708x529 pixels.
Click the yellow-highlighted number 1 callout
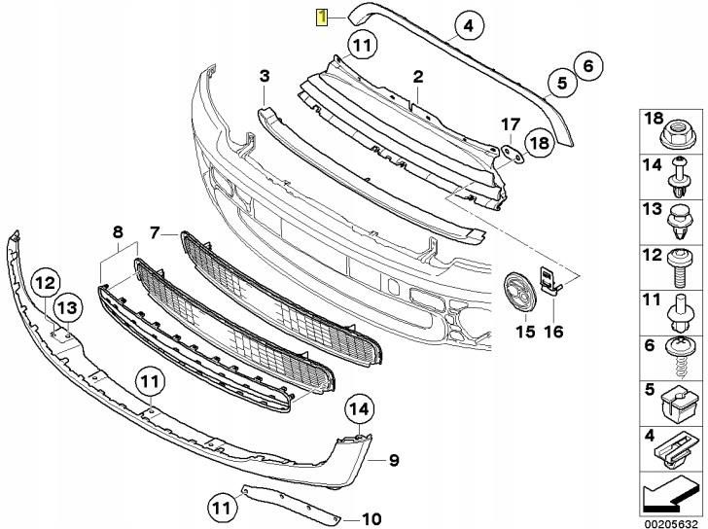[320, 17]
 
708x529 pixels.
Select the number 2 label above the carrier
[417, 76]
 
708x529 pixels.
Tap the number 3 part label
[264, 76]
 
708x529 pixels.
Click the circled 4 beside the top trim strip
[468, 27]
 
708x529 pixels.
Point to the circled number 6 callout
[585, 67]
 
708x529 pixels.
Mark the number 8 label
[117, 232]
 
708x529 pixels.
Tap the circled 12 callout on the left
[45, 283]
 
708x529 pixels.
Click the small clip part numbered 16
[551, 282]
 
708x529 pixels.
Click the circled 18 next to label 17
[538, 145]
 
